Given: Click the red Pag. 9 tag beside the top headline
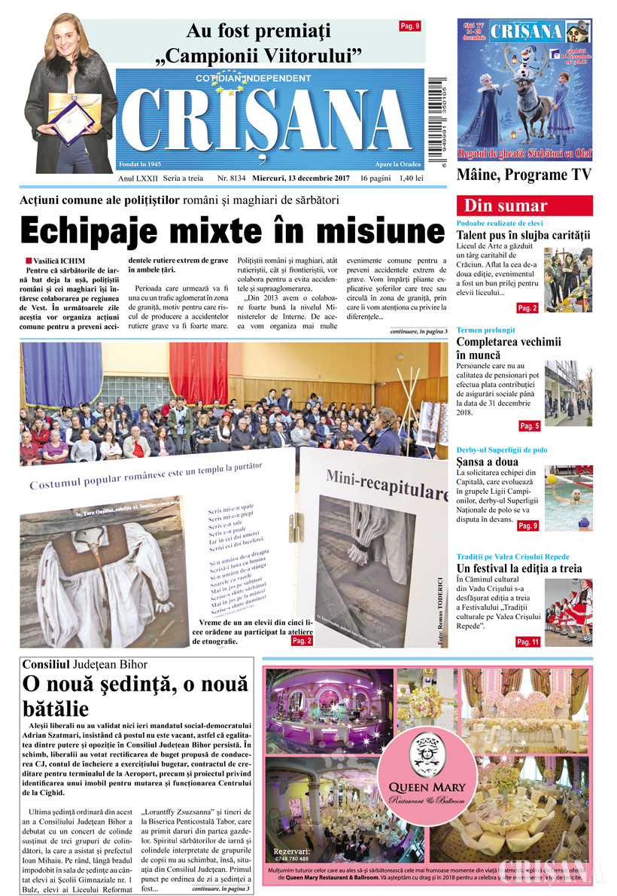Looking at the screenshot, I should click(x=410, y=26).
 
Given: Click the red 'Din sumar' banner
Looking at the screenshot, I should click(x=524, y=206).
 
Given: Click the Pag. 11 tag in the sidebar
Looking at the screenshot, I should click(x=527, y=642).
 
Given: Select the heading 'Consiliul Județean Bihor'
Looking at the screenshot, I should click(x=85, y=665).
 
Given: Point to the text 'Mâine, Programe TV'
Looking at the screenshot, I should click(x=524, y=175).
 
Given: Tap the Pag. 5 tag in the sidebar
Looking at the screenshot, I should click(x=529, y=426).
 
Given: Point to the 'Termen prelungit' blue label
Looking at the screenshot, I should click(x=485, y=330).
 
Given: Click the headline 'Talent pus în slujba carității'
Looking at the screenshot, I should click(x=524, y=235).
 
